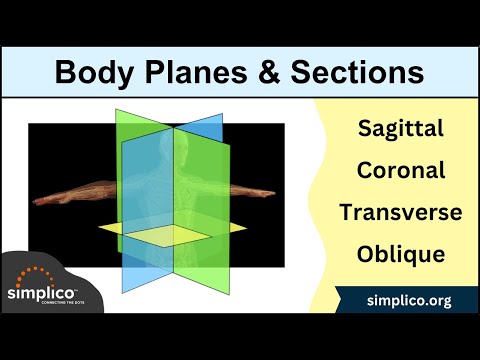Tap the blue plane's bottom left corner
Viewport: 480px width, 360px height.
[x=124, y=293]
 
